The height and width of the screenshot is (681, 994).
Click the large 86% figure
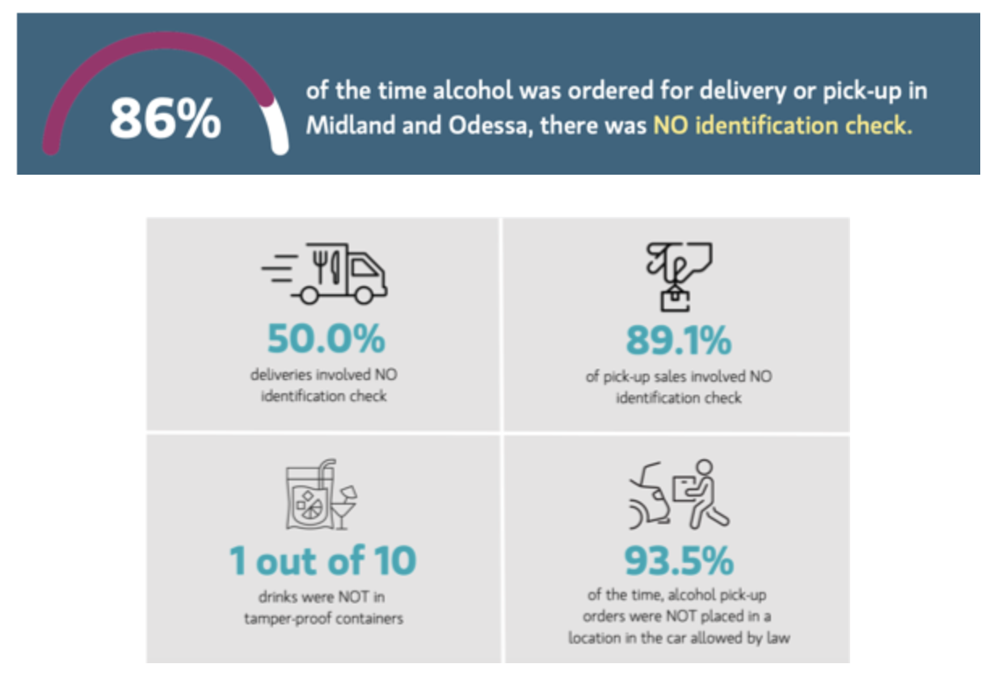pyautogui.click(x=165, y=118)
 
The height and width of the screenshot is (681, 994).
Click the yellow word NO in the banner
pyautogui.click(x=676, y=126)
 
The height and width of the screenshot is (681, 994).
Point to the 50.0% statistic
pyautogui.click(x=326, y=340)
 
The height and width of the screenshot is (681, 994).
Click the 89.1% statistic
pyautogui.click(x=678, y=340)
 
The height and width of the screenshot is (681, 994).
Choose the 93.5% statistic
pyautogui.click(x=679, y=560)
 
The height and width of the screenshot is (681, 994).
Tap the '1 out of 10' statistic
pyautogui.click(x=323, y=560)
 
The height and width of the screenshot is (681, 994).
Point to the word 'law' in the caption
pyautogui.click(x=777, y=638)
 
